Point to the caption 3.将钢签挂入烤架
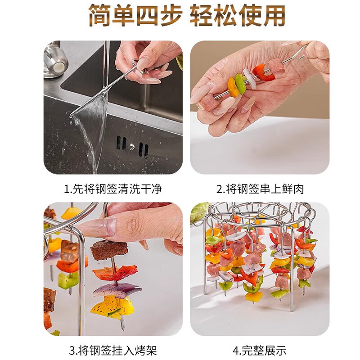click(113, 350)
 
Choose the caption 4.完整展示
click(260, 350)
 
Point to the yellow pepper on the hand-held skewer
click(233, 87)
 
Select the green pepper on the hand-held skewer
click(241, 83)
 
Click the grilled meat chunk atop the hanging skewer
click(108, 249)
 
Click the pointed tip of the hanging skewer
click(122, 324)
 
